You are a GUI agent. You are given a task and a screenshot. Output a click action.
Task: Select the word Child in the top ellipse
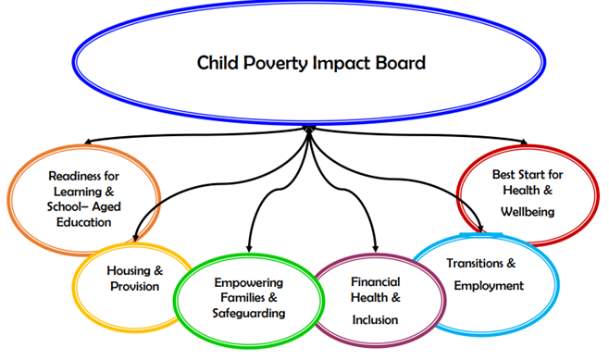(x=218, y=64)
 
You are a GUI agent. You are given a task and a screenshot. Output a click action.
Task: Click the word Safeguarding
(x=248, y=314)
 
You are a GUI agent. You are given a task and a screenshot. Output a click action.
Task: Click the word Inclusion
(x=375, y=319)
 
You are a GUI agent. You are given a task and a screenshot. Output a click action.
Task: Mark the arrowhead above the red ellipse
(x=524, y=142)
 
